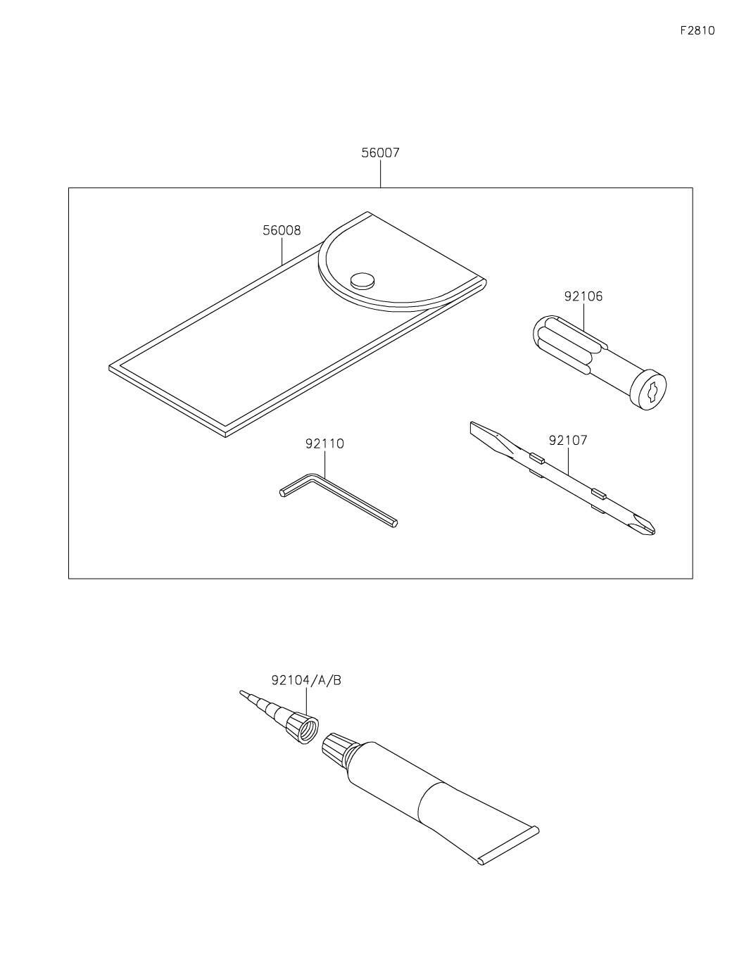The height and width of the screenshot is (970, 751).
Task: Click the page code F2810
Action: pos(697,31)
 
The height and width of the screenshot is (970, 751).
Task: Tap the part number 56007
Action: pos(380,153)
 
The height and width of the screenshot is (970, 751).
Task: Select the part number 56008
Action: pos(282,230)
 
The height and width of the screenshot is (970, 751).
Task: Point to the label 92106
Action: pos(583,296)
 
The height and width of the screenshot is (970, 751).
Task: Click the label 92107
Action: pos(567,441)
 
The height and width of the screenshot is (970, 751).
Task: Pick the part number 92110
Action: pos(324,444)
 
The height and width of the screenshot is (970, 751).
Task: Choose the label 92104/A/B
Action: pos(306,680)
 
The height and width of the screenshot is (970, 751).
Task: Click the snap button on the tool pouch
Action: pos(362,279)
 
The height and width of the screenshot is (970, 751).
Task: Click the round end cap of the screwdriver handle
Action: pos(648,389)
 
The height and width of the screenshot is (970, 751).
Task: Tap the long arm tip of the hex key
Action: pos(393,522)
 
